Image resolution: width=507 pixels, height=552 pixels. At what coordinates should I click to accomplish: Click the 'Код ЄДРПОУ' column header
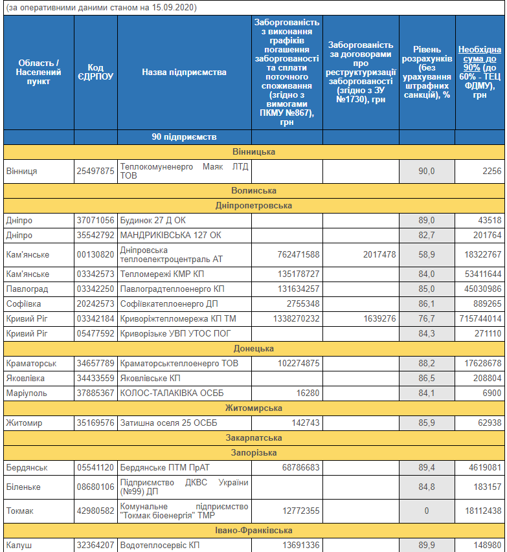[x=96, y=72]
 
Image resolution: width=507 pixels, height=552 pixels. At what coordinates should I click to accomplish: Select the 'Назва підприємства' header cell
[x=185, y=72]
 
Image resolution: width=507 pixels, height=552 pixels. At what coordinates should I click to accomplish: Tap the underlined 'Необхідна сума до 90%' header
[x=480, y=72]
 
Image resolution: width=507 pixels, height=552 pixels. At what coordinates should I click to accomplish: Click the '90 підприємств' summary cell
[x=185, y=137]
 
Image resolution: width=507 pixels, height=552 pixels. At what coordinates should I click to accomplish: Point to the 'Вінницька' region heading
[x=254, y=151]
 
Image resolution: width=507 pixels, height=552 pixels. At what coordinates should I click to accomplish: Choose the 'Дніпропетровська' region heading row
[x=254, y=205]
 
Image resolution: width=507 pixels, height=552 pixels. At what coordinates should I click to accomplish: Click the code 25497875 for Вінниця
[x=96, y=171]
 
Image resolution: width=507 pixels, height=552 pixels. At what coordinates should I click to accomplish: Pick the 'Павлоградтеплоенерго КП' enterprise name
[x=172, y=289]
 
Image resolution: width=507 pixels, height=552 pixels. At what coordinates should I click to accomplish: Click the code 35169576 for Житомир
[x=96, y=423]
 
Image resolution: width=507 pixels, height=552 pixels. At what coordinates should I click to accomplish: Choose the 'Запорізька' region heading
[x=254, y=452]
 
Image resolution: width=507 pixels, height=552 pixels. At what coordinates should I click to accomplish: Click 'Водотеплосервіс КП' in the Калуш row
[x=160, y=545]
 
